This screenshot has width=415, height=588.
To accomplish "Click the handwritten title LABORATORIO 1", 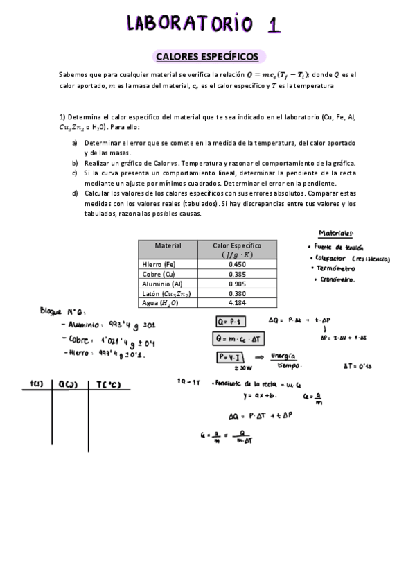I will point(204,24).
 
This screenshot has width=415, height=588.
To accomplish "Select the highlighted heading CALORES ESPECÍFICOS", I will point(207,56).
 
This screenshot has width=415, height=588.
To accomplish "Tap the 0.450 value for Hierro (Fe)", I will point(237,264).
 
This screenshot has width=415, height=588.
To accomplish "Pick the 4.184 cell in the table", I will point(237,303).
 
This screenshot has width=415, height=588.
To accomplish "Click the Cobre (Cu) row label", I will point(158,274).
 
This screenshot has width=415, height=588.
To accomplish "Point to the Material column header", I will point(168,245).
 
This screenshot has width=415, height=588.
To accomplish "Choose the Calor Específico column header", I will point(237,250).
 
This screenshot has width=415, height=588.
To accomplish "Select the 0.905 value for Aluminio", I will point(237,284).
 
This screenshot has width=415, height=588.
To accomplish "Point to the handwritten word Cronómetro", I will point(337,280).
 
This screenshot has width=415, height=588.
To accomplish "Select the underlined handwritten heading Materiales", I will point(337,234).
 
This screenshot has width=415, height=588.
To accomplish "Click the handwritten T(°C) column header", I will point(106,383).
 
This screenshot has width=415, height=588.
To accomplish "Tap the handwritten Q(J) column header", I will point(68,383).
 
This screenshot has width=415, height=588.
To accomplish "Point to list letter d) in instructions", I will point(75,193).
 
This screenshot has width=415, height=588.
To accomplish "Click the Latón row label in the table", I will point(166,293).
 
